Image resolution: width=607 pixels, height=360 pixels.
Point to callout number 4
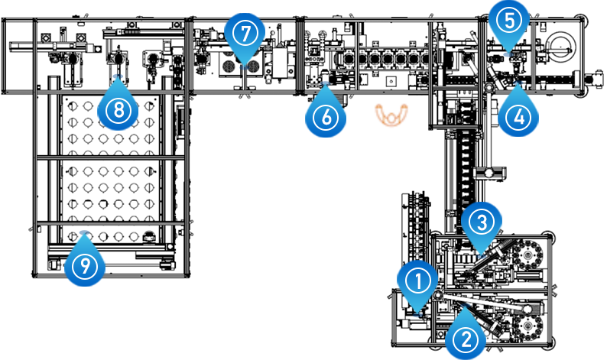(x=519, y=117)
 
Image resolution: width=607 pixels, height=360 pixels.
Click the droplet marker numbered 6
(x=325, y=117)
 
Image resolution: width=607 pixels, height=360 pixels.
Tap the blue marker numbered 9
(x=84, y=267)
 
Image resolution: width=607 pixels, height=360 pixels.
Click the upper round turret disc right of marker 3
(x=527, y=254)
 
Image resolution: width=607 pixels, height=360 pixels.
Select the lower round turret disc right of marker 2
(x=527, y=326)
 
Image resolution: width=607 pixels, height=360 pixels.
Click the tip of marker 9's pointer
(x=84, y=231)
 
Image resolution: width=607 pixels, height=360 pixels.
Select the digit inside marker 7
(x=245, y=33)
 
